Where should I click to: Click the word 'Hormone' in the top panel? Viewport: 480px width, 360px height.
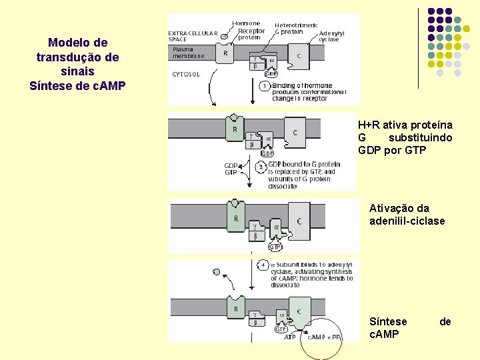(246, 23)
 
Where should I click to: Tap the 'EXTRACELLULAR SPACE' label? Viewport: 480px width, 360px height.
(192, 35)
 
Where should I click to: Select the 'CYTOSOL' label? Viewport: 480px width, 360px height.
(187, 74)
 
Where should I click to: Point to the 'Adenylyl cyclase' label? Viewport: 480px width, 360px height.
(331, 36)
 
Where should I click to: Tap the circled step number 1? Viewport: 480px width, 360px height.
(265, 86)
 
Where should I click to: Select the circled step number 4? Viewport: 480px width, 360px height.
(263, 265)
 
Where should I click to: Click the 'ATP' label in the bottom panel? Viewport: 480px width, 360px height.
(290, 337)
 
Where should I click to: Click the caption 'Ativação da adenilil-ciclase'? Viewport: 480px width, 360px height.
(407, 215)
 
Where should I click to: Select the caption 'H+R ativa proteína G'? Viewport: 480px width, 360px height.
(405, 137)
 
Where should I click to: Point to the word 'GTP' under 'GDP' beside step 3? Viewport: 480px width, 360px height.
(231, 172)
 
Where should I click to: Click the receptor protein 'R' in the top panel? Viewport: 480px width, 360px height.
(225, 53)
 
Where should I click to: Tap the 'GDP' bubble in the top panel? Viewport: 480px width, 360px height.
(271, 74)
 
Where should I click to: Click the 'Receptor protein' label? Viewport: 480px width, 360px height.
(251, 34)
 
